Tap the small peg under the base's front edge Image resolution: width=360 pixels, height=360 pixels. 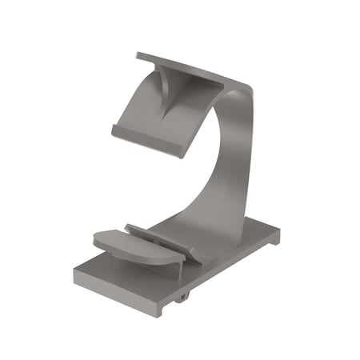coord(183,295)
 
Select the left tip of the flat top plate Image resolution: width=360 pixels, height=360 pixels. coord(138,55)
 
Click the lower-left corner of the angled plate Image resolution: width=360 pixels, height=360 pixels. coord(113,131)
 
